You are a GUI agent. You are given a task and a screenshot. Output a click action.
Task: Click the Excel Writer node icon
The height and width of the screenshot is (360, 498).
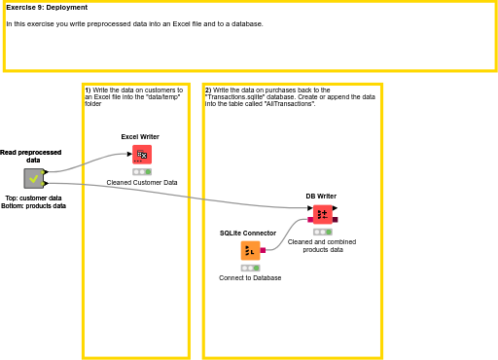[x=142, y=154]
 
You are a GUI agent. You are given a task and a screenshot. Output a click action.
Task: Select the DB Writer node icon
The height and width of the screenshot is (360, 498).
[x=322, y=214]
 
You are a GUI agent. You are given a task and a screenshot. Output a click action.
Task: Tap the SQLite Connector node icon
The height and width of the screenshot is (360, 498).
[x=250, y=250]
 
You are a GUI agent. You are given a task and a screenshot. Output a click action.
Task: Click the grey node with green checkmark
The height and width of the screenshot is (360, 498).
[x=34, y=178]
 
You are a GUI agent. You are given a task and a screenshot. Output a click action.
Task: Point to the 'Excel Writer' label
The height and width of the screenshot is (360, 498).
[x=140, y=137]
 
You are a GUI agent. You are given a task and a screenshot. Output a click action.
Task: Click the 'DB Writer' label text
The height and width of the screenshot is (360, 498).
[x=321, y=197]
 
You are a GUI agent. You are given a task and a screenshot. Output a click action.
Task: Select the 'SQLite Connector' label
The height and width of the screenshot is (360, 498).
[x=248, y=234]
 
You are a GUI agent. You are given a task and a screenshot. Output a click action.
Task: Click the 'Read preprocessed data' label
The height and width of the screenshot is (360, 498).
[x=30, y=156]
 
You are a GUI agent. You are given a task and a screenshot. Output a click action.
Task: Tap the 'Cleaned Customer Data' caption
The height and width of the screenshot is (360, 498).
[x=142, y=182]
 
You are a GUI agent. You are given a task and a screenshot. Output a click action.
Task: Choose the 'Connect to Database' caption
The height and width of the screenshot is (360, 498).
[x=250, y=277]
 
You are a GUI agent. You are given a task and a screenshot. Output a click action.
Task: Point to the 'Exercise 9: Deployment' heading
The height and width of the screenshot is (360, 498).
[x=47, y=8]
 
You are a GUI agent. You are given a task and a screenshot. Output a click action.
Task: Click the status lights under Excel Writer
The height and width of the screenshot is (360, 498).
[x=142, y=171]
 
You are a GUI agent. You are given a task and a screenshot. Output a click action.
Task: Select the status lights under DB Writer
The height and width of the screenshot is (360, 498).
[x=322, y=232]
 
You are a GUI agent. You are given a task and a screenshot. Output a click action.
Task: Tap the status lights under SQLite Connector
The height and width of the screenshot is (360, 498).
[x=250, y=268]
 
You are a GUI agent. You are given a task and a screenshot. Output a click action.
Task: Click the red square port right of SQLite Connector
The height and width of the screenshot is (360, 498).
[x=263, y=250]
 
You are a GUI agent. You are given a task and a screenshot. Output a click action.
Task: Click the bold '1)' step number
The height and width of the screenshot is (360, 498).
[x=88, y=90]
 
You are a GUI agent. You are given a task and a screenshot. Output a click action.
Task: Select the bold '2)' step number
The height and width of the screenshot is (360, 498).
[x=208, y=90]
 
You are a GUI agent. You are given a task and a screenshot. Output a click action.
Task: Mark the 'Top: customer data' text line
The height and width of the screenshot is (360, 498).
[x=33, y=198]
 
